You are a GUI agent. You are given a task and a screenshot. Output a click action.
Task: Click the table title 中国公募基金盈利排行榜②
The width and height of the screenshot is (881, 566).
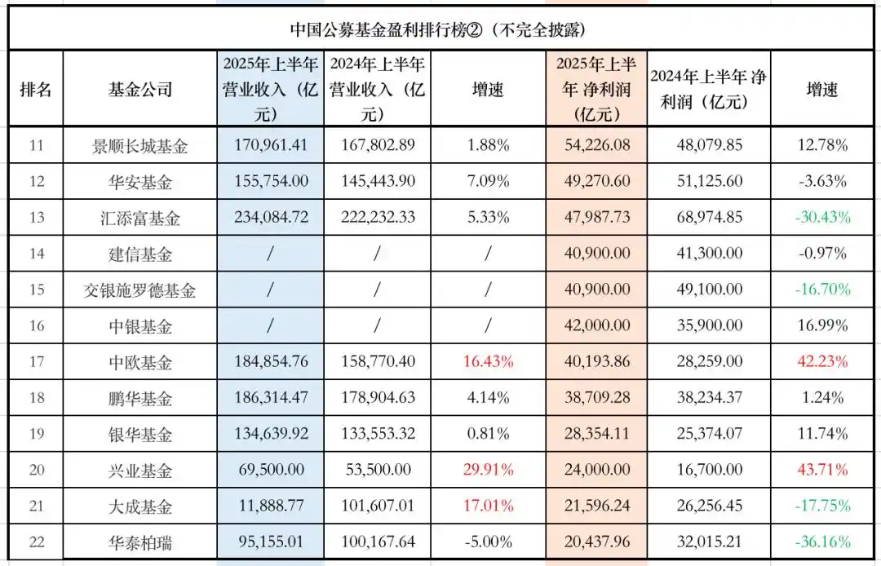pos(440,30)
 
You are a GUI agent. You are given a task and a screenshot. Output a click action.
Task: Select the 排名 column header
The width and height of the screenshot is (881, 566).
pos(36,89)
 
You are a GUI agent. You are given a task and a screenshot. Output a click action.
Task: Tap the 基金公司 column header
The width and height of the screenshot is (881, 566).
pos(140,89)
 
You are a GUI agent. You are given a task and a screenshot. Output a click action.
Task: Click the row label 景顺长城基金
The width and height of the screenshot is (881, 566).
pos(140,147)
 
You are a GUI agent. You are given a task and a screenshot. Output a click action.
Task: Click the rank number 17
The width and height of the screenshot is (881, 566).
pos(36,362)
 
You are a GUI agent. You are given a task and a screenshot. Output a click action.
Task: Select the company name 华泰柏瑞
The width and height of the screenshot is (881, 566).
pos(140,542)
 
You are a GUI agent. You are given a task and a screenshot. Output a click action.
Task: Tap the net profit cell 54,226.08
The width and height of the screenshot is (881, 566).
pos(596,146)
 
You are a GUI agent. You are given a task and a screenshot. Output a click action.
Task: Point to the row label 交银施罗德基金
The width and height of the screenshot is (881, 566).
pos(140,290)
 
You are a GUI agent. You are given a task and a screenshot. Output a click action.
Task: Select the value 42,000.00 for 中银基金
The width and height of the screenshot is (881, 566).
pos(596,326)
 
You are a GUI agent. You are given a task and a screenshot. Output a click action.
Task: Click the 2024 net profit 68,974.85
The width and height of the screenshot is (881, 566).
pos(709,218)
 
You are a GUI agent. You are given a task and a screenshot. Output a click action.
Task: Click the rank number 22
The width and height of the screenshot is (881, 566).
pos(36,542)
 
